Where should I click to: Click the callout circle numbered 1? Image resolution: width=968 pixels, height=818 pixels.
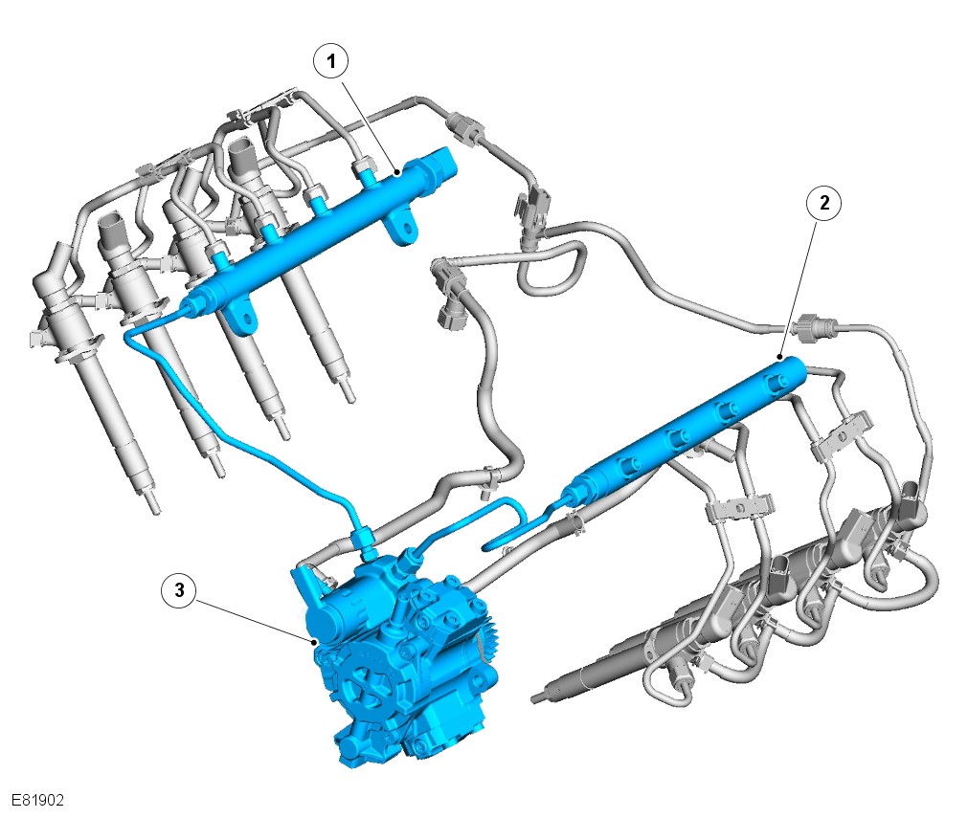(331, 61)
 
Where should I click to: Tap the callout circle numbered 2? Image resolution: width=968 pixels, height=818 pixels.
(824, 202)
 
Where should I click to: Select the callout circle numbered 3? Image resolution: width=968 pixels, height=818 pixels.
(179, 589)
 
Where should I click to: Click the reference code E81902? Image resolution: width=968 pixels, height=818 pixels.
(38, 800)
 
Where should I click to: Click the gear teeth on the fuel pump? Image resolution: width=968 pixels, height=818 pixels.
(487, 642)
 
